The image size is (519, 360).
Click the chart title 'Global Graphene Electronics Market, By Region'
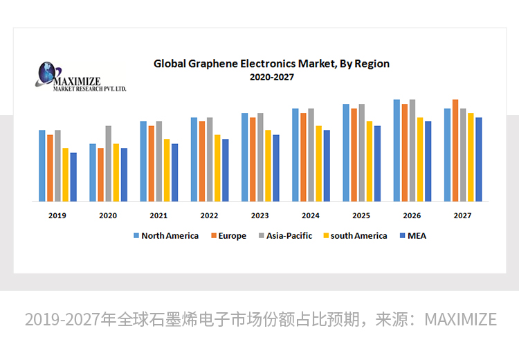(x=271, y=64)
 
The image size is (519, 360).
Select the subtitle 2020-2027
(x=271, y=78)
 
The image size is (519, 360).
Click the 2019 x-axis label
(x=57, y=215)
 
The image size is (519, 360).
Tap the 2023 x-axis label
(x=260, y=215)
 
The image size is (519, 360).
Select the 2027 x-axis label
(x=462, y=215)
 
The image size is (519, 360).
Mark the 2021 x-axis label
(x=158, y=215)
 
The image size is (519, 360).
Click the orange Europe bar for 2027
(x=455, y=150)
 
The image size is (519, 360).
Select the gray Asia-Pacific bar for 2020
(x=109, y=163)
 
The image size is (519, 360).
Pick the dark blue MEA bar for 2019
(x=73, y=177)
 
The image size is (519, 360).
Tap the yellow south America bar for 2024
(x=319, y=163)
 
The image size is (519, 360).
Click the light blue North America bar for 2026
(x=397, y=150)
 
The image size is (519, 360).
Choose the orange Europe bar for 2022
(x=202, y=161)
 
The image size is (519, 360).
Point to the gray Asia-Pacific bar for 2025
(x=361, y=152)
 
